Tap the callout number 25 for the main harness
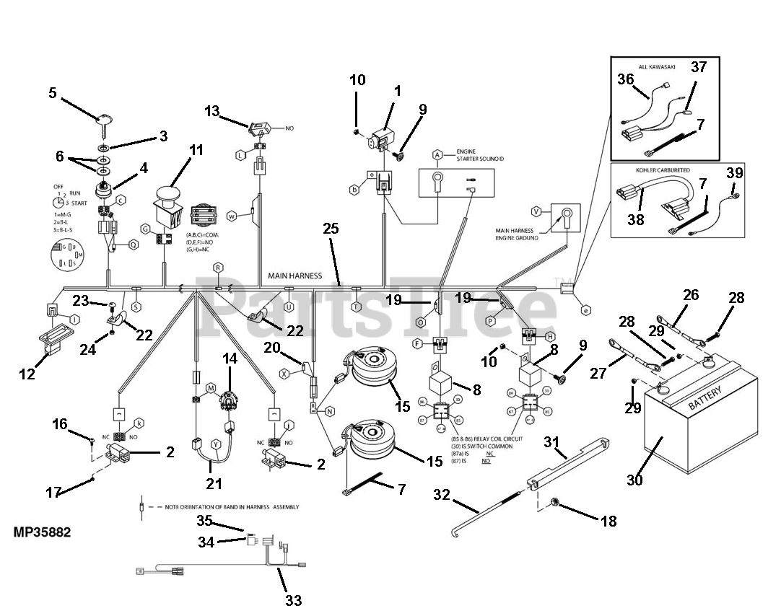[331, 229]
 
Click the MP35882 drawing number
[42, 532]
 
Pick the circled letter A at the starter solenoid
[437, 154]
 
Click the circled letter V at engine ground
[536, 211]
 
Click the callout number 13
[211, 111]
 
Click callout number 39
[734, 173]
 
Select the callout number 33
[293, 599]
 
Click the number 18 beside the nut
[608, 521]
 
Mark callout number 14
[229, 358]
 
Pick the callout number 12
[26, 374]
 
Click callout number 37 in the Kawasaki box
[697, 68]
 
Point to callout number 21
[214, 483]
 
